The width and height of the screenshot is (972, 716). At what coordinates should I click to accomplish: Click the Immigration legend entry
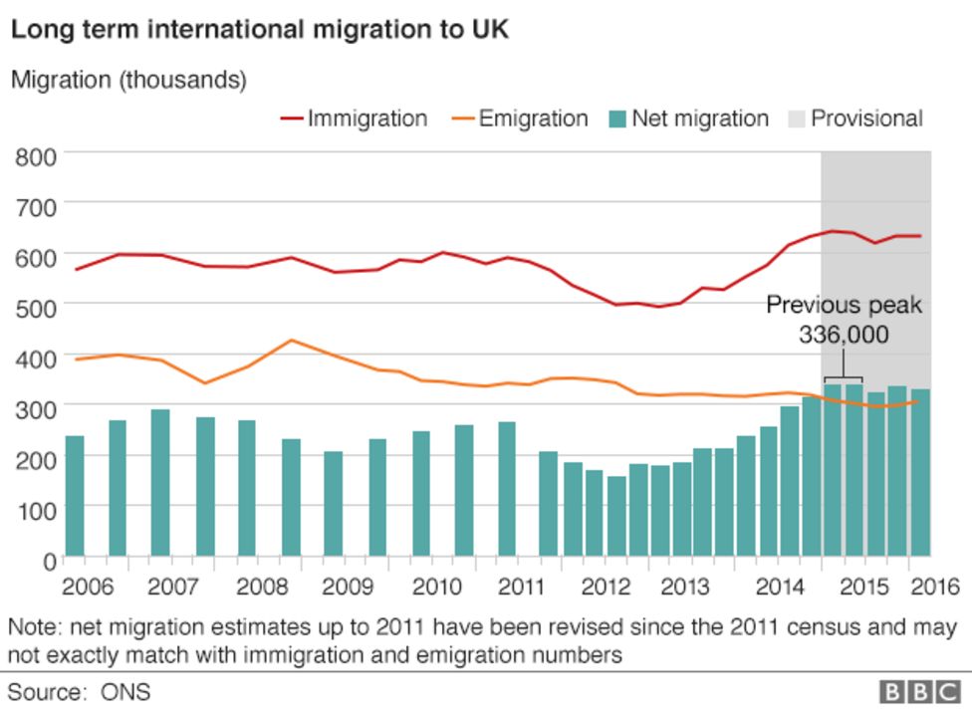pyautogui.click(x=354, y=119)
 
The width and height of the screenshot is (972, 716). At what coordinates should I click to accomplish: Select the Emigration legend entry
pyautogui.click(x=519, y=119)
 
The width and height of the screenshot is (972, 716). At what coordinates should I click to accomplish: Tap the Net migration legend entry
pyautogui.click(x=688, y=119)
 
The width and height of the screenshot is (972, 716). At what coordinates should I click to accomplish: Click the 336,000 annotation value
pyautogui.click(x=843, y=336)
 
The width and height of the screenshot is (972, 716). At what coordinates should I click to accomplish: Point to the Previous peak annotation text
pyautogui.click(x=843, y=306)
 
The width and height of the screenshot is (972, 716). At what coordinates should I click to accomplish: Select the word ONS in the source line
pyautogui.click(x=129, y=691)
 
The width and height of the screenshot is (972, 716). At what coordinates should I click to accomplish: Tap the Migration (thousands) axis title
pyautogui.click(x=128, y=80)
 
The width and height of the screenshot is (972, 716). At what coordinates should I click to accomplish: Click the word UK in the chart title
pyautogui.click(x=491, y=30)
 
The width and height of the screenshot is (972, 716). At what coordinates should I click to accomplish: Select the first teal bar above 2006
pyautogui.click(x=75, y=495)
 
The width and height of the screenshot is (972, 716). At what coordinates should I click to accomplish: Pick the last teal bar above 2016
pyautogui.click(x=921, y=472)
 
